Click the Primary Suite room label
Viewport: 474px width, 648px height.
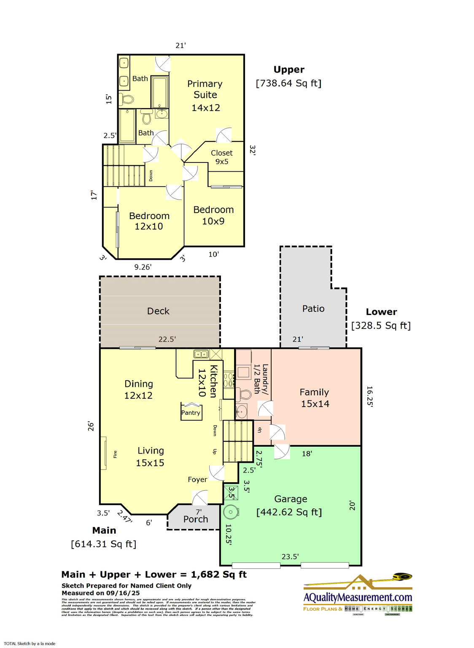(205, 95)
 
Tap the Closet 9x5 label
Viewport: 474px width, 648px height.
(222, 157)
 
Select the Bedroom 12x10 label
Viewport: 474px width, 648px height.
(149, 221)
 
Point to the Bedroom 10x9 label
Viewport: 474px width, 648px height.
(213, 215)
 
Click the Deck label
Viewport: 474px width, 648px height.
(158, 311)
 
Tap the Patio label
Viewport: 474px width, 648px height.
(313, 308)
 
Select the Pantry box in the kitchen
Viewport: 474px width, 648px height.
(191, 413)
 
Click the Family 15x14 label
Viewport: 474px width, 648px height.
(315, 398)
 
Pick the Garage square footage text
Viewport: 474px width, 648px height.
(289, 512)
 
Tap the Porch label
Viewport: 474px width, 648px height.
(196, 519)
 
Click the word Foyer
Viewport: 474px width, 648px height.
(197, 479)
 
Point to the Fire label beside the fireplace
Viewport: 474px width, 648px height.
(115, 454)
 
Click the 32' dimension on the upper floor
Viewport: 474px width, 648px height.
(252, 150)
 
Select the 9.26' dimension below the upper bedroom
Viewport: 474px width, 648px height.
(143, 267)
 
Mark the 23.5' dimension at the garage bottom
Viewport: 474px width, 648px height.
(290, 556)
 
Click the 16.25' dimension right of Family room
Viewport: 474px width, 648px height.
(369, 397)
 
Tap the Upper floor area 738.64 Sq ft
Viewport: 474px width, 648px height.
(288, 83)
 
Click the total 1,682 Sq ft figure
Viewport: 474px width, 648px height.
(218, 574)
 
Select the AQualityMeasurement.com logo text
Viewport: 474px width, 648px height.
(358, 597)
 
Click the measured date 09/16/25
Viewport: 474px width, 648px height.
(123, 593)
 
